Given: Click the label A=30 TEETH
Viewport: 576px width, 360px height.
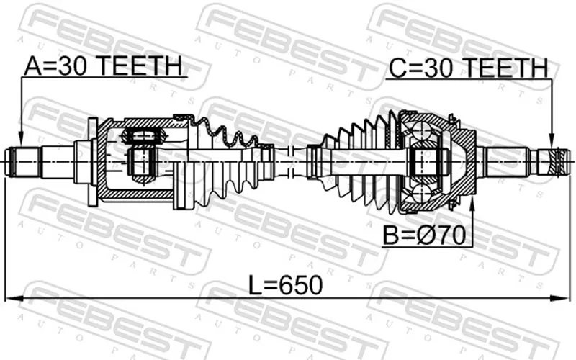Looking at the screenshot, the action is point(103,66).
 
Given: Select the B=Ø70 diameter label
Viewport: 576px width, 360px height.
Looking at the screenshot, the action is point(424,235).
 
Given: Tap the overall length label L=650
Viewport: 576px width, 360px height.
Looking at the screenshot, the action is point(285,285).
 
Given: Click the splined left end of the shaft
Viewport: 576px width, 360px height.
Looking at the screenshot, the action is point(23,162).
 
